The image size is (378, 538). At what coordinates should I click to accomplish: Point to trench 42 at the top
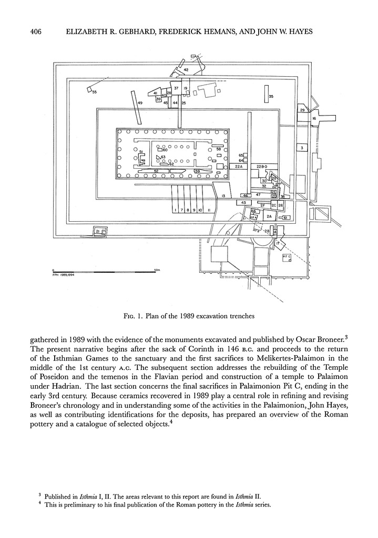[x=186, y=70]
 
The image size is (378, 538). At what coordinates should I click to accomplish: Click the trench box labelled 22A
[x=238, y=167]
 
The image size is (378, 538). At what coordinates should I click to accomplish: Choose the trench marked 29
[x=302, y=110]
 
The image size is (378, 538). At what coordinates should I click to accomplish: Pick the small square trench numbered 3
[x=301, y=148]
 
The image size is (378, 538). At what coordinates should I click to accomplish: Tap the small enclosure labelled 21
[x=99, y=231]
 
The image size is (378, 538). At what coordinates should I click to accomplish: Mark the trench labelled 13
[x=223, y=195]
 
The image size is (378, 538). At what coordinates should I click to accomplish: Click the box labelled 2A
[x=269, y=216]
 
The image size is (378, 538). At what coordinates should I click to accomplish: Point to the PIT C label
[x=287, y=257]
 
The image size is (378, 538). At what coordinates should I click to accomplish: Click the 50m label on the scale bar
[x=157, y=270]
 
